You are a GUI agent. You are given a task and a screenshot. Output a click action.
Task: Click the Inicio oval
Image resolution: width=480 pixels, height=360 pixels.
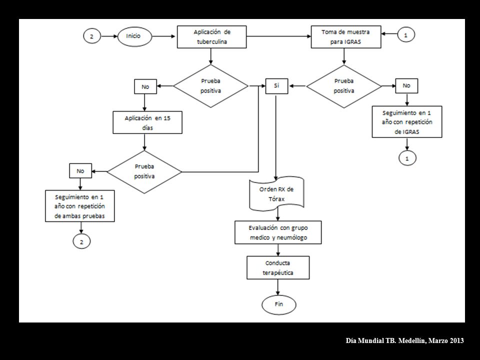click(134, 36)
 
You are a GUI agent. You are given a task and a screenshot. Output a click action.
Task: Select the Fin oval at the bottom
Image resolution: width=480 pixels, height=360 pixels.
click(279, 304)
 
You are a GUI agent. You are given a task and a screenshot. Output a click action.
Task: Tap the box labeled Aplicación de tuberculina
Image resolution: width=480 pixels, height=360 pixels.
click(212, 36)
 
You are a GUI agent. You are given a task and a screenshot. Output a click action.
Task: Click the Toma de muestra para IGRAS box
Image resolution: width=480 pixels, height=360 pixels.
click(346, 36)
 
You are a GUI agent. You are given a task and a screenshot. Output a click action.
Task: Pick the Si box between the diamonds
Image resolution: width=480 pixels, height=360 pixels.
click(276, 86)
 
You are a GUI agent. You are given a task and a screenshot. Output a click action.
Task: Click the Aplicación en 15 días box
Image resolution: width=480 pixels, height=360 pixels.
click(147, 122)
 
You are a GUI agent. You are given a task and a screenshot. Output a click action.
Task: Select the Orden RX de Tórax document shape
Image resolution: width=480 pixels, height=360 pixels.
click(276, 194)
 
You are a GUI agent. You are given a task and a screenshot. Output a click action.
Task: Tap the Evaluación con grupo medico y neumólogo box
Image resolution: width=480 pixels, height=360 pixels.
click(278, 232)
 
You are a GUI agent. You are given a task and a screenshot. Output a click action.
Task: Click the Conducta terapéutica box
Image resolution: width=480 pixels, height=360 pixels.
click(278, 267)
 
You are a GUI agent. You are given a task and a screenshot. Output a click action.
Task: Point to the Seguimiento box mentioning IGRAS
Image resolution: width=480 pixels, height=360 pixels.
click(407, 122)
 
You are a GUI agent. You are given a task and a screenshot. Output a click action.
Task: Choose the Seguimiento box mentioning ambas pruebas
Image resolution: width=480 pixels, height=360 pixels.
click(80, 206)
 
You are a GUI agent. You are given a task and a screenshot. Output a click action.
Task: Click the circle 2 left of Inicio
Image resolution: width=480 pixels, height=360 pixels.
click(92, 36)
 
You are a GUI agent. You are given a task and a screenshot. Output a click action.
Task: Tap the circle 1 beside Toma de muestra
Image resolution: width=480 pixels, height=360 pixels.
click(406, 35)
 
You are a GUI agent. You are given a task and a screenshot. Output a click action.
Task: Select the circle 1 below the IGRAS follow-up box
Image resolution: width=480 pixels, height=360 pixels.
click(407, 158)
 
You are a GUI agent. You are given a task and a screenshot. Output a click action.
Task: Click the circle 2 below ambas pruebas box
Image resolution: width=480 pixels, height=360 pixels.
click(81, 242)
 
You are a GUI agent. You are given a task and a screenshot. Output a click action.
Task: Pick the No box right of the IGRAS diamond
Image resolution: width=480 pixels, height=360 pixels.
click(406, 86)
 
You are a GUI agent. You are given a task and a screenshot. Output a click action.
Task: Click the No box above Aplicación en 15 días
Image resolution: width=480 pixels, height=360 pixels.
click(145, 86)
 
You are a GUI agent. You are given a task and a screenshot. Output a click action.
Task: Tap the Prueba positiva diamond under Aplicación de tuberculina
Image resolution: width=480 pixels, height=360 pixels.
click(210, 86)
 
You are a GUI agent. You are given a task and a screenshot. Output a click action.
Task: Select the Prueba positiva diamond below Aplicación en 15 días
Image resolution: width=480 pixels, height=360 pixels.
click(144, 171)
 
